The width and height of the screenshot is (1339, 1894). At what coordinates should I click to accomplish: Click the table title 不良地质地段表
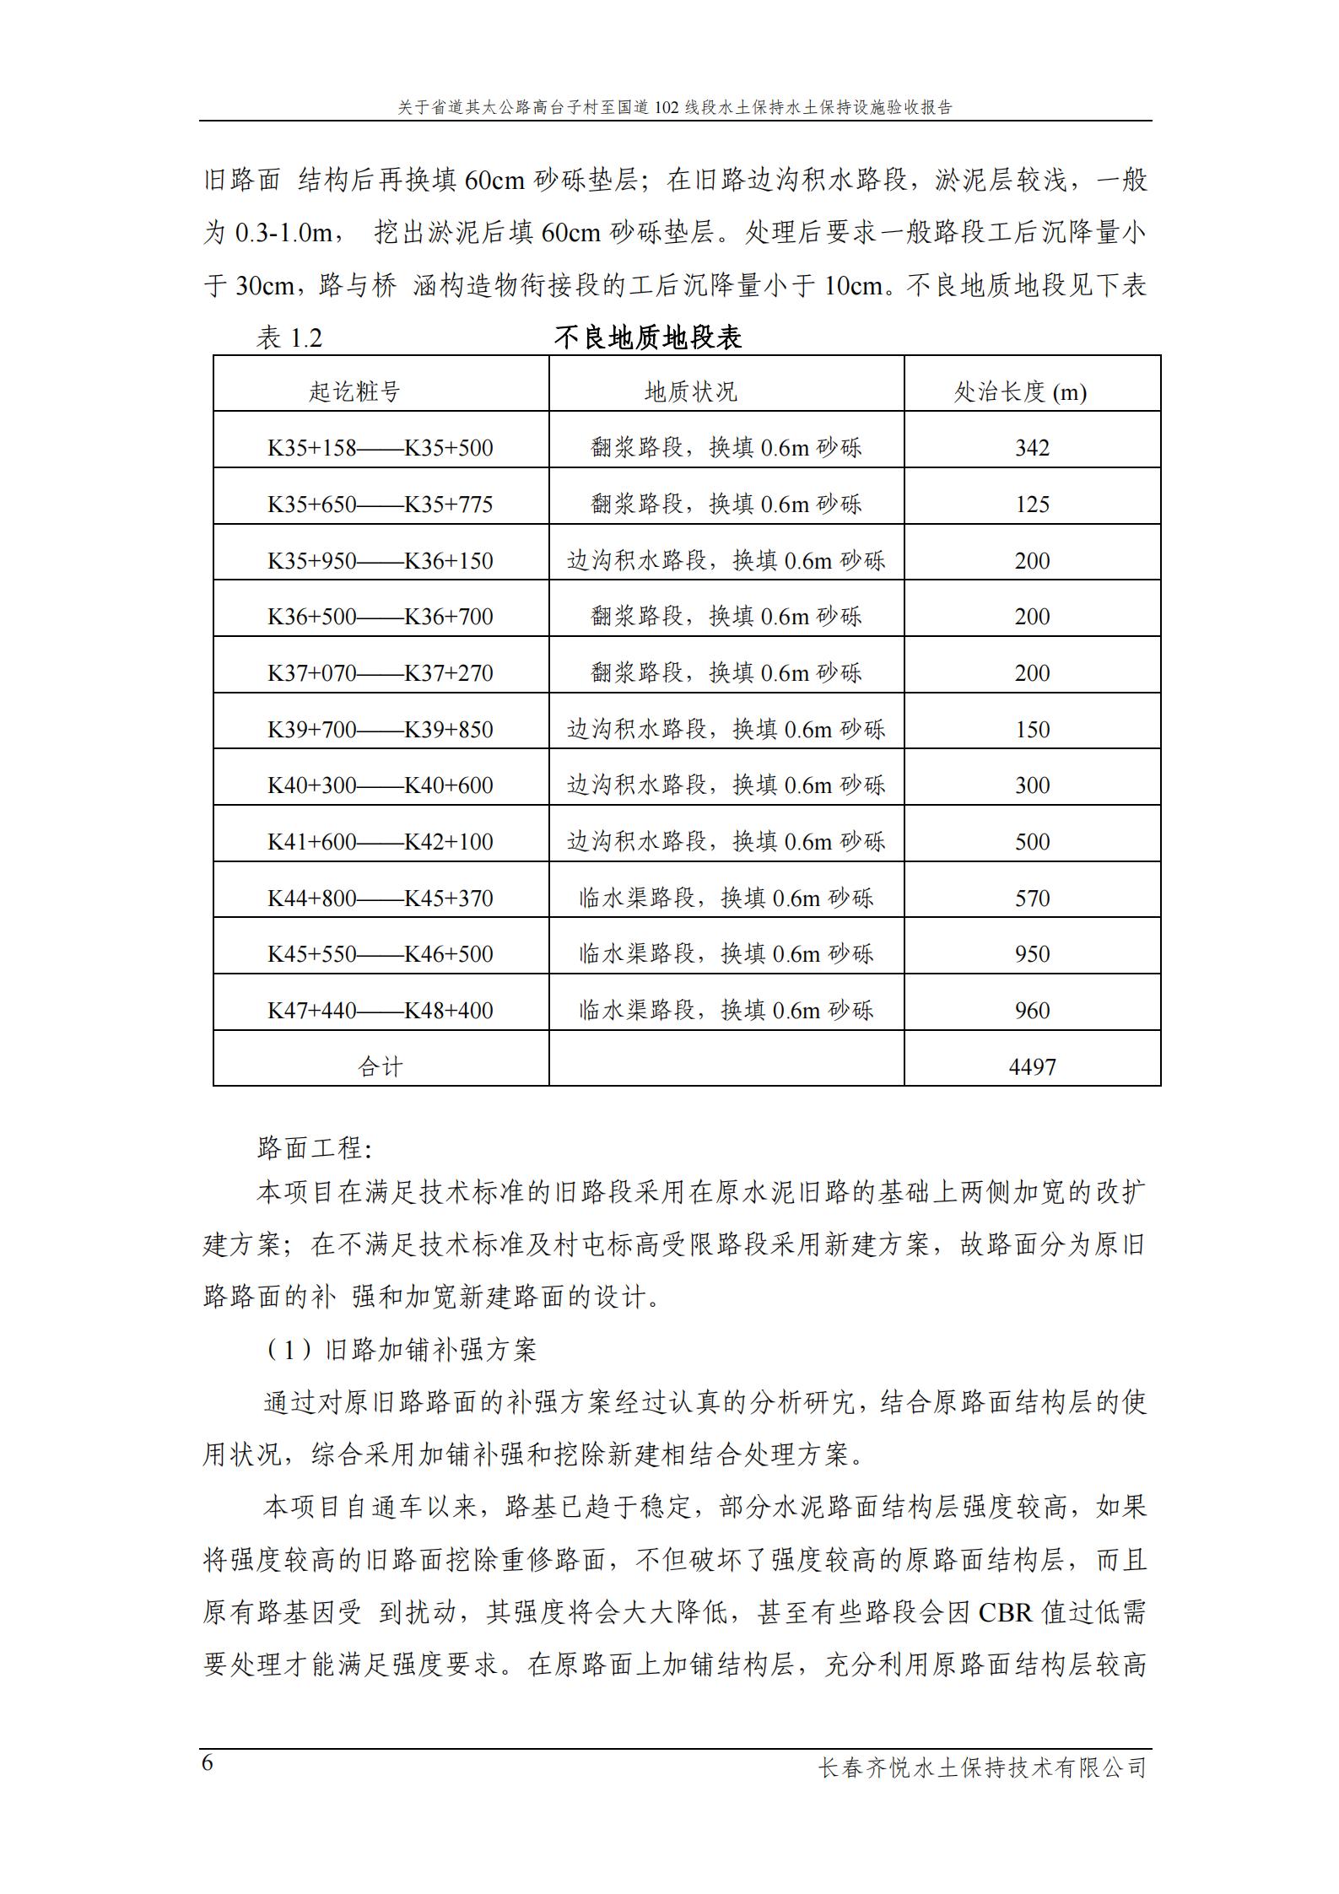tap(647, 338)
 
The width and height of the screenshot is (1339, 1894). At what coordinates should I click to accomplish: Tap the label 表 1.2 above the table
tap(289, 339)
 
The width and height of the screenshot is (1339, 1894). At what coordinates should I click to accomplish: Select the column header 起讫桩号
tap(354, 392)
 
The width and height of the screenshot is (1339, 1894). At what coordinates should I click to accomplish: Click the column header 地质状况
tap(691, 392)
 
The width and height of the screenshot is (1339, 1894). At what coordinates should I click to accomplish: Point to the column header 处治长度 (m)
tap(1019, 392)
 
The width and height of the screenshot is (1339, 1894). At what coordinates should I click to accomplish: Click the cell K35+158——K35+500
tap(381, 448)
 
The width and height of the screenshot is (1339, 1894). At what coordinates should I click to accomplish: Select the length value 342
tap(1032, 448)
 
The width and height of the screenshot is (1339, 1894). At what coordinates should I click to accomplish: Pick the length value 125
tap(1032, 505)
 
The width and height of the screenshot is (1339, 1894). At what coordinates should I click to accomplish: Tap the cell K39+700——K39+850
tap(381, 730)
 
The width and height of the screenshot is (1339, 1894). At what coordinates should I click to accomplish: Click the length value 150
tap(1032, 730)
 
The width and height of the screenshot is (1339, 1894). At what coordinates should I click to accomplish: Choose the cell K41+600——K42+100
tap(381, 842)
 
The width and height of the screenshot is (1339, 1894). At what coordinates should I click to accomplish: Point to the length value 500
tap(1032, 842)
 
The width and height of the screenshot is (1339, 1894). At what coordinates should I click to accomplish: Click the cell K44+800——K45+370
tap(381, 898)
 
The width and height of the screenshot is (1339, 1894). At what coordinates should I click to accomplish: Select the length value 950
tap(1032, 954)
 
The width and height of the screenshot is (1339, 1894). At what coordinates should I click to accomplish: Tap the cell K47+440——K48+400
tap(381, 1011)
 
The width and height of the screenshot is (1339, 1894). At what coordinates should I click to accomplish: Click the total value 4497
tap(1032, 1067)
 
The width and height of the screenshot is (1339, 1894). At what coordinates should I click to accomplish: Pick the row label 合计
tap(381, 1067)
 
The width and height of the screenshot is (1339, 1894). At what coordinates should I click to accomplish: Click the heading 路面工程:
tap(314, 1148)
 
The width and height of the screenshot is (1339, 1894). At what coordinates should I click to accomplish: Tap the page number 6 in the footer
tap(208, 1763)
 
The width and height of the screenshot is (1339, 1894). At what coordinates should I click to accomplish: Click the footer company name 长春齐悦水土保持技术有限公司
tap(983, 1767)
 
